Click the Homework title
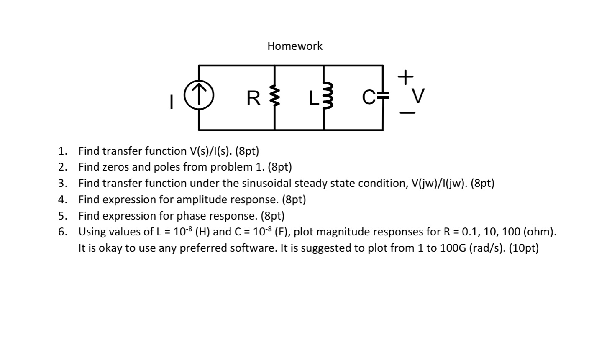(295, 46)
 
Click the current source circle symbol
(199, 97)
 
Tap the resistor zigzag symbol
(274, 97)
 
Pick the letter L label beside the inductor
(313, 99)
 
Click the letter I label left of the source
(170, 102)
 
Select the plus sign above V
(405, 77)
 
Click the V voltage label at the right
(418, 97)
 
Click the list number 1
(62, 151)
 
